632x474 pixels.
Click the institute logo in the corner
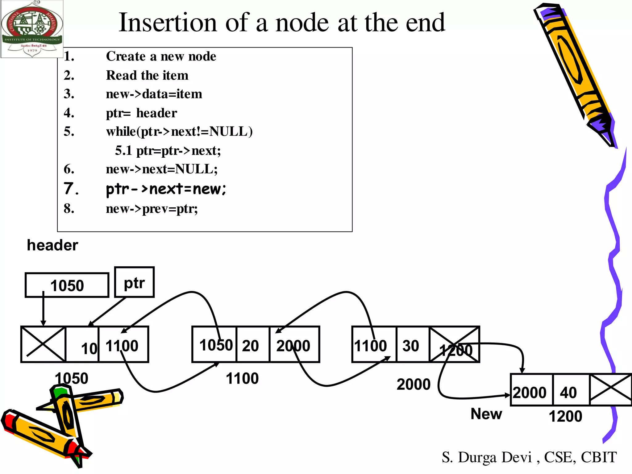pos(32,29)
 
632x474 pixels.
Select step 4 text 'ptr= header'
pos(141,113)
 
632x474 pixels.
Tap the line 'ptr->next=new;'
pos(166,189)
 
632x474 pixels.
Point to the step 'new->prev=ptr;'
pos(152,209)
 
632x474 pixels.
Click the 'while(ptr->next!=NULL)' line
pos(179,132)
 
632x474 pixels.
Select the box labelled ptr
pos(134,282)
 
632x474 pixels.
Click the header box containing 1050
pos(67,285)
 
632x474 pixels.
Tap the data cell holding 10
pos(82,344)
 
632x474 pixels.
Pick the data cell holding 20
pos(252,344)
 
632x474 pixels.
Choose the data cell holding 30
pos(412,344)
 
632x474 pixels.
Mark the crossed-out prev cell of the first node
pos(43,344)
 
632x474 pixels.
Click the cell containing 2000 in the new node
pos(531,390)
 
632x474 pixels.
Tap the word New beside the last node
pos(486,414)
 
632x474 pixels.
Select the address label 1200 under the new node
pos(565,416)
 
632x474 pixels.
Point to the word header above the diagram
pos(52,245)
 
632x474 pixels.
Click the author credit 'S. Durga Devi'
pos(487,457)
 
